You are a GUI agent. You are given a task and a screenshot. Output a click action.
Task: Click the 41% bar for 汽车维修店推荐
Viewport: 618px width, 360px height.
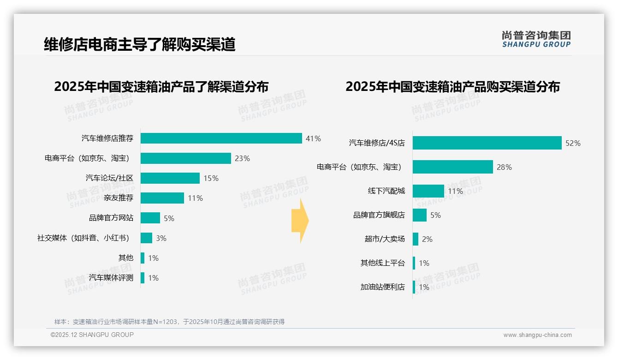tap(221, 138)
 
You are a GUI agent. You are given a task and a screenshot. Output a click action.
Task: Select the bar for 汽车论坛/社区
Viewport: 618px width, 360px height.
tap(170, 178)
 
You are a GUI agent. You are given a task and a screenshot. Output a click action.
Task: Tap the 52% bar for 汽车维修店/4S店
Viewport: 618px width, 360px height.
tap(487, 143)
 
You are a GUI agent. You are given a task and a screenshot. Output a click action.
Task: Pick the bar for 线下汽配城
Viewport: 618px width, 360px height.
tap(428, 191)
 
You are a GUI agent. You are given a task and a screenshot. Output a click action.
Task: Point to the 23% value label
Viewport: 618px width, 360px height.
tap(242, 158)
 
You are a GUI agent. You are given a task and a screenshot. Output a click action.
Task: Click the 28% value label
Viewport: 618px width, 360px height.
tap(504, 167)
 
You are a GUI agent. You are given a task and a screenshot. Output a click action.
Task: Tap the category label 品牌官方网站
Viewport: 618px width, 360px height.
tap(111, 218)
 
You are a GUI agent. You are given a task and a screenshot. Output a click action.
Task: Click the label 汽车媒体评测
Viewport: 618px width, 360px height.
tap(111, 278)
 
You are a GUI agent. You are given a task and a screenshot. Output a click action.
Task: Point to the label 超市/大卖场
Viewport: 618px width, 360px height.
tap(385, 239)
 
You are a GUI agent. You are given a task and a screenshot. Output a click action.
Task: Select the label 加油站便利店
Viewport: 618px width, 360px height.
tap(383, 287)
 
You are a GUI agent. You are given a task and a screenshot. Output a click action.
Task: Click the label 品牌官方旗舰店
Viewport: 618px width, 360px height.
tap(379, 215)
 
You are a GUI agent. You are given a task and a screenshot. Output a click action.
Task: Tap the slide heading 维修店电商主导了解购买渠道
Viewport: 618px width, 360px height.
tap(140, 44)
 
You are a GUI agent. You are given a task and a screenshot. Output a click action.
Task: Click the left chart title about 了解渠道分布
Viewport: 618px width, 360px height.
tap(161, 87)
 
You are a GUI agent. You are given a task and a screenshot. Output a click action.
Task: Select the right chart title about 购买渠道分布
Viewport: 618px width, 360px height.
tap(452, 87)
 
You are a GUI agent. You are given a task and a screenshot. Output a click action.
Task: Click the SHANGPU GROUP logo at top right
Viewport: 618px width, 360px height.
tap(536, 39)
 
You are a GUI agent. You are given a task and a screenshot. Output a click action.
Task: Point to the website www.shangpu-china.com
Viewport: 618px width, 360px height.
tap(537, 335)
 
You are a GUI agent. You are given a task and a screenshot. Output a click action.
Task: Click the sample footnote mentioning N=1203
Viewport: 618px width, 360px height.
tap(170, 322)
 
